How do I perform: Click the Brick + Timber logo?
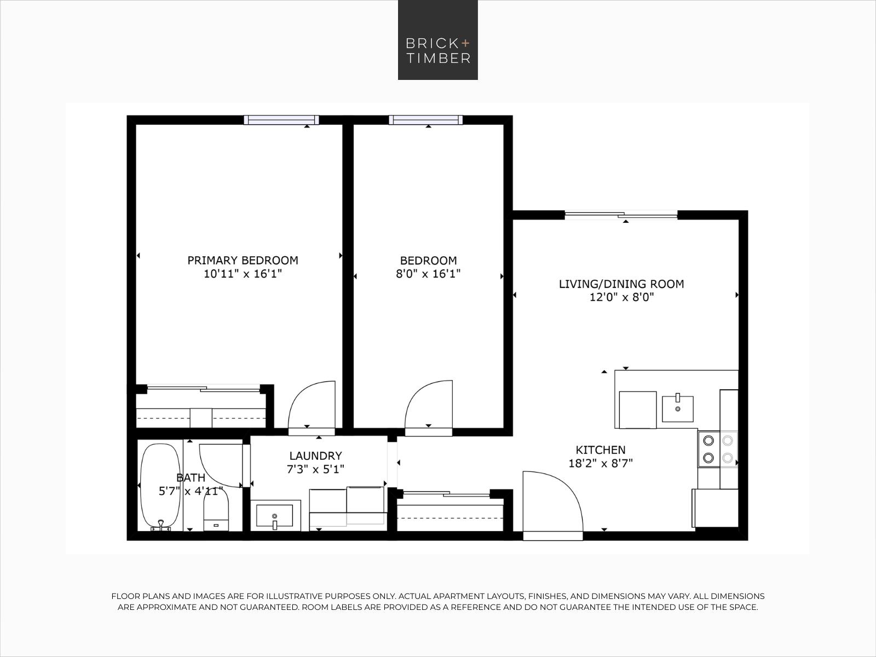point(438,40)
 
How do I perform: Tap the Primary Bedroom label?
point(243,261)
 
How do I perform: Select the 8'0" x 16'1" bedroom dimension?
point(428,274)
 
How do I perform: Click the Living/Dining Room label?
point(621,284)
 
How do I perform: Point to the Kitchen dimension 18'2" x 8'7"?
point(601,464)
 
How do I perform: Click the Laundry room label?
point(316,456)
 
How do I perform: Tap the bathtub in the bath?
point(160,487)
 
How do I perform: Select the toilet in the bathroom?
point(216,510)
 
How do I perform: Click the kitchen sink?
point(677,408)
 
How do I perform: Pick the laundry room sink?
point(275,516)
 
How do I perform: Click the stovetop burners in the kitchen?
point(718,449)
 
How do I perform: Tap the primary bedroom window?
point(281,120)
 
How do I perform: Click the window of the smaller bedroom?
point(426,120)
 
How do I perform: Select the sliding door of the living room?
point(621,215)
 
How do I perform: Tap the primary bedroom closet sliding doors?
point(204,388)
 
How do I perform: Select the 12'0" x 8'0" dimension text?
point(622,298)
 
